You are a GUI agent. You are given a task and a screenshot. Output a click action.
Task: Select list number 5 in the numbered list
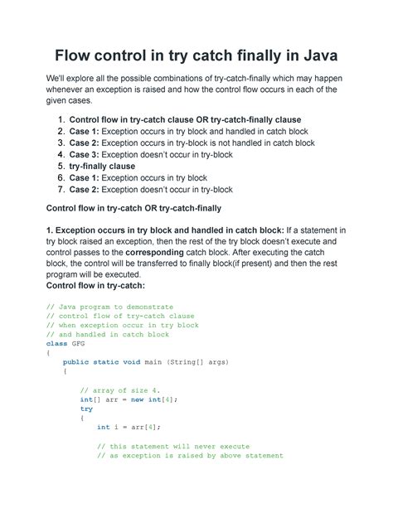(60, 166)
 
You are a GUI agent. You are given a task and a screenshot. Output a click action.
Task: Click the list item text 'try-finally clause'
(107, 166)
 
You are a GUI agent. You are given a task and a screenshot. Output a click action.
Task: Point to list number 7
(60, 189)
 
